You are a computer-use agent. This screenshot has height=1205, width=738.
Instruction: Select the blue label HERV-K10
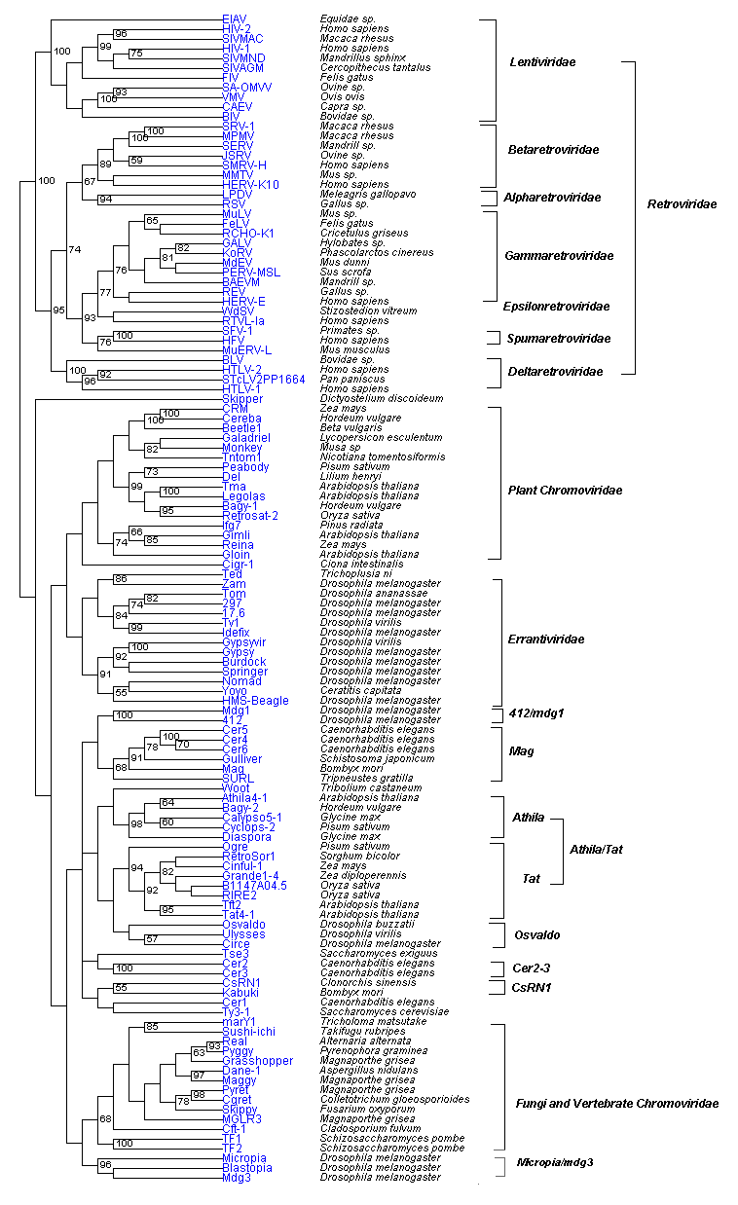250,184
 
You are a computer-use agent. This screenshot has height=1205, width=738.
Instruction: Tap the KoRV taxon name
238,252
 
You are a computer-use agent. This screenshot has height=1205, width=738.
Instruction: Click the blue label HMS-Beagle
255,700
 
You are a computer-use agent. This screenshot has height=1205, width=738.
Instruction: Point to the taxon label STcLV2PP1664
264,379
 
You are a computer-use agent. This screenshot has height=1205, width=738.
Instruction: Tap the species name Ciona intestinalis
359,564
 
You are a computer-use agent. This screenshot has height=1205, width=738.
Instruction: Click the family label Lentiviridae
542,62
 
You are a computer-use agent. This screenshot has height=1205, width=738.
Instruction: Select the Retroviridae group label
682,203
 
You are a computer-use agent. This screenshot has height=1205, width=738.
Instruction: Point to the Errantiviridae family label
546,639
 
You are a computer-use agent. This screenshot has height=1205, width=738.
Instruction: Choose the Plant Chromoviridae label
566,490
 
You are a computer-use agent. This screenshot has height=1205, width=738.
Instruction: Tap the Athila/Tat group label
596,850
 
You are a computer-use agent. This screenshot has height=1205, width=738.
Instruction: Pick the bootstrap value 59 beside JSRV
137,160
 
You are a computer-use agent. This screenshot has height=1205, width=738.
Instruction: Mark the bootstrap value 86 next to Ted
121,578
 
